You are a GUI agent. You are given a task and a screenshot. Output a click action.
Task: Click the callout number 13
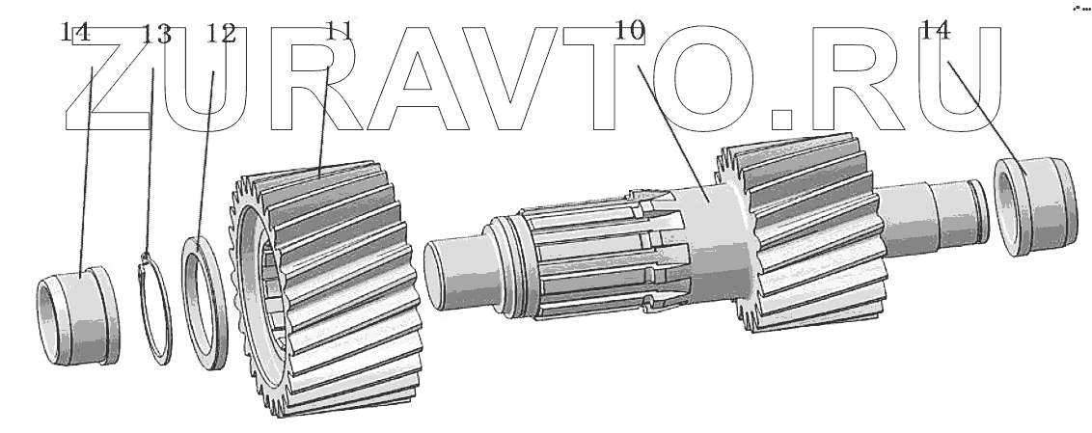click(156, 34)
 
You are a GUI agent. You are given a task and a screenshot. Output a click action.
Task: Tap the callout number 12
click(222, 34)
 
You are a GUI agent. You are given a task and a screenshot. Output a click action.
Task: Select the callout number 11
click(340, 31)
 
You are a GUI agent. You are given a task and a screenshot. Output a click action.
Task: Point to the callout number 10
click(630, 30)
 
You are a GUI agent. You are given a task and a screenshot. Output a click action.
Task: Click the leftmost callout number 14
click(74, 32)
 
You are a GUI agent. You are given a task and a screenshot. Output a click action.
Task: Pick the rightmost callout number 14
click(936, 30)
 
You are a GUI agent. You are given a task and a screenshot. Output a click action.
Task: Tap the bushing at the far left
click(78, 316)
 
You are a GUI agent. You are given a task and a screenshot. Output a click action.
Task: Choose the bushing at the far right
click(1034, 206)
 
